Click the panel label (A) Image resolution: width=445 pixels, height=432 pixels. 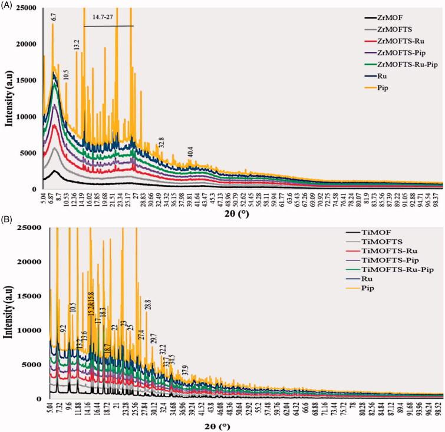9,5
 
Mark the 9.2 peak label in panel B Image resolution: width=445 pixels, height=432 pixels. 63,329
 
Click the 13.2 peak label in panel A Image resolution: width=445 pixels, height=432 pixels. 77,45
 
